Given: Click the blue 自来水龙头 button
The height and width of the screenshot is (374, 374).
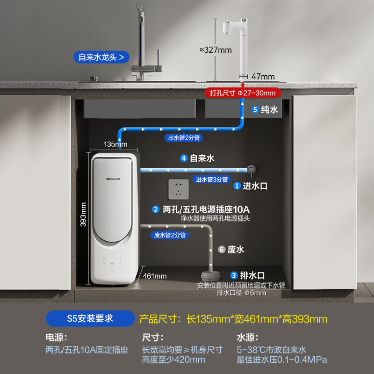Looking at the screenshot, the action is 101,57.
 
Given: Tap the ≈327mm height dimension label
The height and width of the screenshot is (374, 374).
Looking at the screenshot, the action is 216,50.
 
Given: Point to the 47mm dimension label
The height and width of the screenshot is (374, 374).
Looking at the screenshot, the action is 263,77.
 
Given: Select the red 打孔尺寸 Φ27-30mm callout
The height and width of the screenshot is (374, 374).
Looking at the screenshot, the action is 243,93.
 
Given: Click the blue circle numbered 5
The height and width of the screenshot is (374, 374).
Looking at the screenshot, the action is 255,109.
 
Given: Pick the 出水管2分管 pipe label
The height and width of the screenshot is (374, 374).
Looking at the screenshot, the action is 184,137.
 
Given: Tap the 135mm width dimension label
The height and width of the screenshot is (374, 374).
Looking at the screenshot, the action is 115,144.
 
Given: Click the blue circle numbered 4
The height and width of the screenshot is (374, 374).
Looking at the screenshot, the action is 184,158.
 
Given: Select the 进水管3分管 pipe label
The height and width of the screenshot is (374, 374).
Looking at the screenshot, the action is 212,180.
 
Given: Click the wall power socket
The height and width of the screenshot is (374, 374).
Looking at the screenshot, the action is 179,189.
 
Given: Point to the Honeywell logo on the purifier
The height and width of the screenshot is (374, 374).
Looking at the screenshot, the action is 113,179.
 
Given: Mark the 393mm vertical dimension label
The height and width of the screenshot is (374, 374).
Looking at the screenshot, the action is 83,215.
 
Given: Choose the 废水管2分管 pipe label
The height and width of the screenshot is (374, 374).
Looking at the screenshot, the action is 170,235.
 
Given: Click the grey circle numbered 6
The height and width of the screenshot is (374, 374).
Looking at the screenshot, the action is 222,250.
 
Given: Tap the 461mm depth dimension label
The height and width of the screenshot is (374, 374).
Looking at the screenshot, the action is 155,276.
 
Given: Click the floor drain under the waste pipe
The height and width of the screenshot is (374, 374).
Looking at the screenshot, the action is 210,276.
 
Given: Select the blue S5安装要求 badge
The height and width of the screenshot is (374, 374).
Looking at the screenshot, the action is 90,318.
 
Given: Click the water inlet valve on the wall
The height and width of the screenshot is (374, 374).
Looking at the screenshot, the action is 251,170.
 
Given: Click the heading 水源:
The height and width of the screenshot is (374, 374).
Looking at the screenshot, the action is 247,338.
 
